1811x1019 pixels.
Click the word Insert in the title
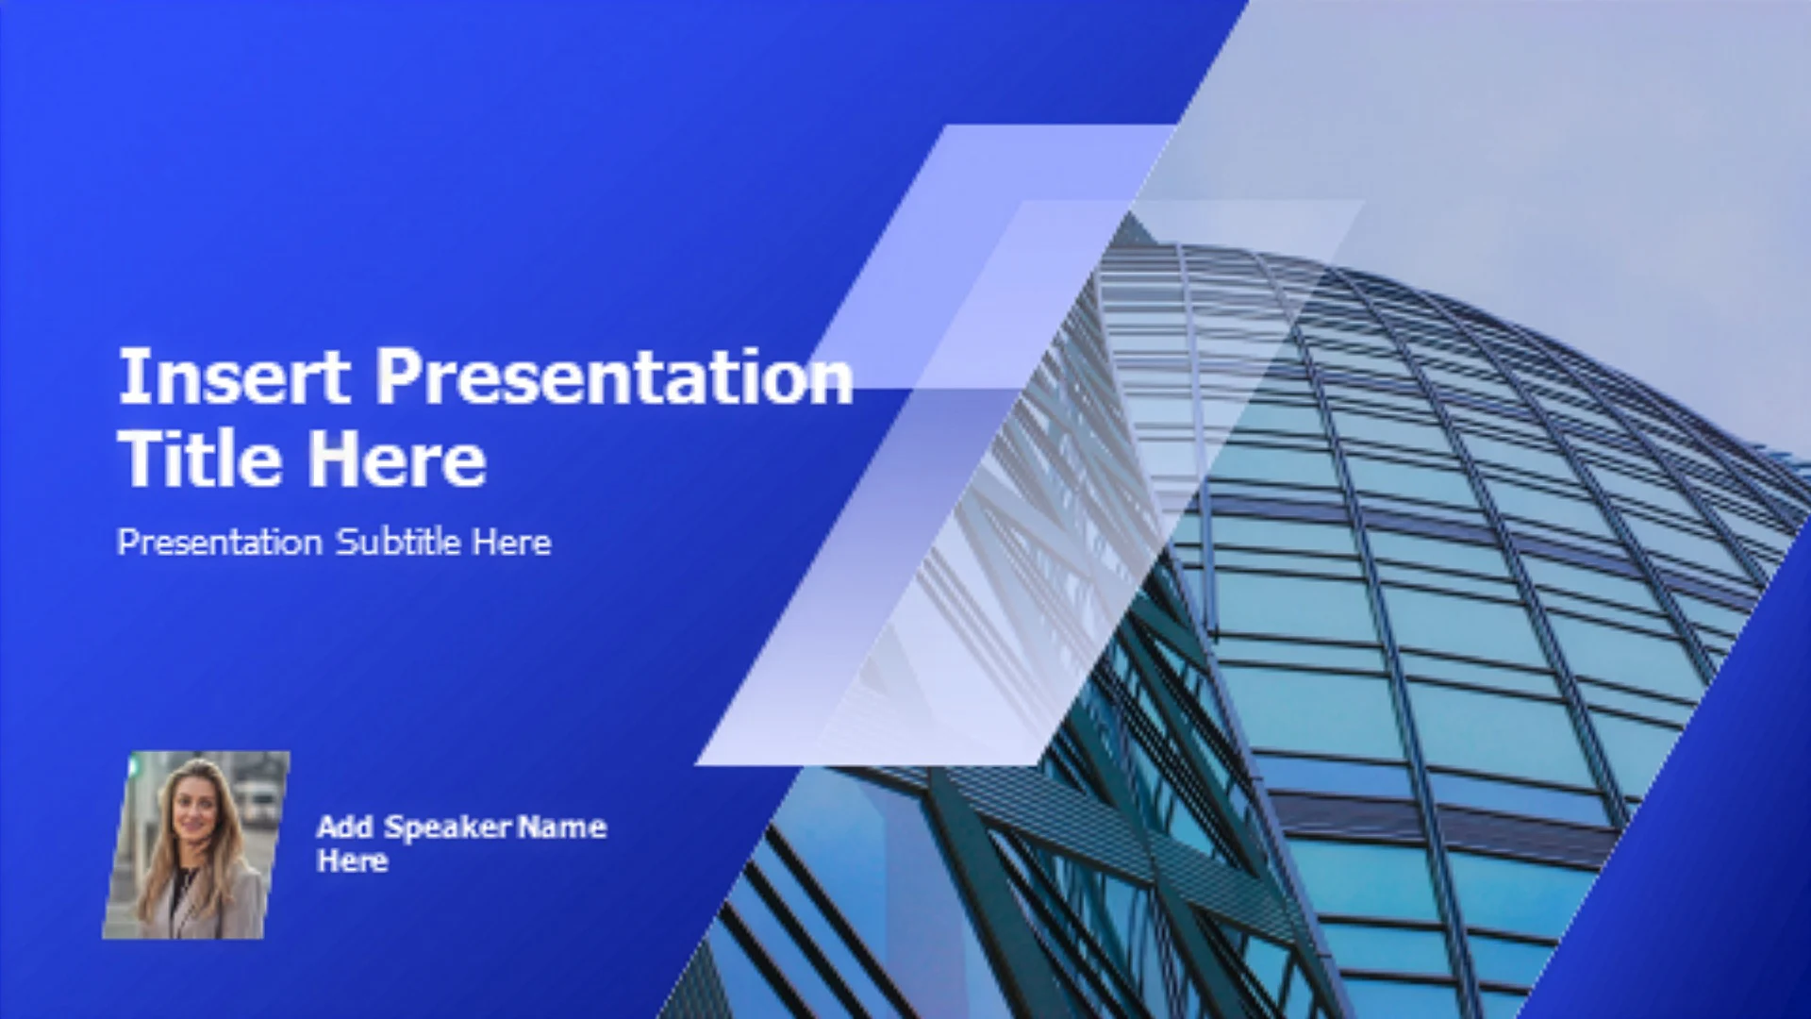coord(233,376)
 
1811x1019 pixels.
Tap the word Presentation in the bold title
coord(614,376)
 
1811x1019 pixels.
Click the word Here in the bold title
coord(397,459)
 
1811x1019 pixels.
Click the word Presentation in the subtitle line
coord(220,543)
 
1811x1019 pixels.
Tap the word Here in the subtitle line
coord(512,542)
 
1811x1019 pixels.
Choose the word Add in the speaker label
coord(345,827)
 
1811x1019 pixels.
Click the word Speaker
coord(448,828)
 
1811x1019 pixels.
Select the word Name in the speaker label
coord(562,827)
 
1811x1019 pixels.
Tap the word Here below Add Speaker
coord(353,860)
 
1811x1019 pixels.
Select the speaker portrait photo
coord(196,844)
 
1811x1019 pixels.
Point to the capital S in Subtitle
coord(348,542)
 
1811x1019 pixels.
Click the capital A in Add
coord(328,827)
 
